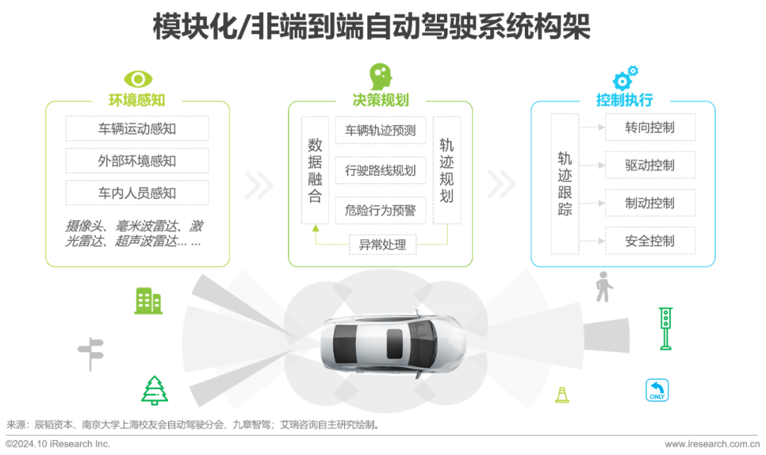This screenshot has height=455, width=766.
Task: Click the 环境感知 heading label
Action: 137,100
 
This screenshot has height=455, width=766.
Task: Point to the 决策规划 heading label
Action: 381,100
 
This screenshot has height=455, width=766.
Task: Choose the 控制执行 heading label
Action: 624,100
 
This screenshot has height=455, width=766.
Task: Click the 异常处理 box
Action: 382,245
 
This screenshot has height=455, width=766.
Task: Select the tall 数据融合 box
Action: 315,170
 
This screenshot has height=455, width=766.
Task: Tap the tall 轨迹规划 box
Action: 447,170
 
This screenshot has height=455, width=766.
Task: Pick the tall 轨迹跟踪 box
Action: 565,182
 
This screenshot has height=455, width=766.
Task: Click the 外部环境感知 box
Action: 137,160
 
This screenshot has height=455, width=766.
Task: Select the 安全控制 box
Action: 640,241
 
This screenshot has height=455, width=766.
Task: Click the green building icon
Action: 148,301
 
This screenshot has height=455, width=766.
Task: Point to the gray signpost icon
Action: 91,352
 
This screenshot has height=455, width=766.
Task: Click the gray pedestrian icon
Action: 603,286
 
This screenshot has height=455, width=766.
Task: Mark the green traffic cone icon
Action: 562,394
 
